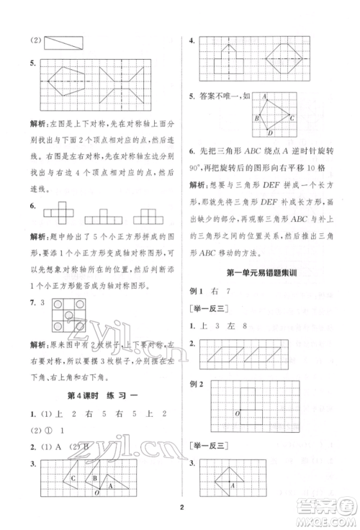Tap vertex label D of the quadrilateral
pyautogui.click(x=269, y=132)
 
